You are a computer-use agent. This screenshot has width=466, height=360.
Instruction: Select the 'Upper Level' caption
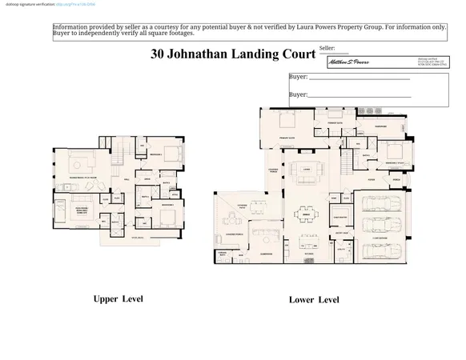[118, 298]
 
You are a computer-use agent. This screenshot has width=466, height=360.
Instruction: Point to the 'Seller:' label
[327, 49]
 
